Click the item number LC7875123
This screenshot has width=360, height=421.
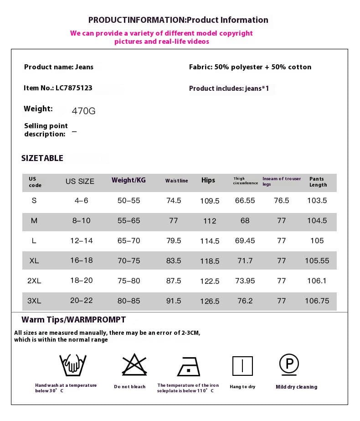coord(74,88)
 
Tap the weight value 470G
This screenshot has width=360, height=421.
coord(84,111)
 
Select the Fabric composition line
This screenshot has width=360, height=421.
coord(250,67)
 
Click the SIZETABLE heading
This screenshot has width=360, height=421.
coord(42,158)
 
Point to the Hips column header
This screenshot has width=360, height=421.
coord(208,180)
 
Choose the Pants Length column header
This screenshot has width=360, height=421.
coord(318,182)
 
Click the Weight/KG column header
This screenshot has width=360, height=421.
coord(129,180)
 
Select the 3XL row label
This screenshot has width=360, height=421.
coord(34,301)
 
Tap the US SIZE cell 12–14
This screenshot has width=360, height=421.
coord(82,240)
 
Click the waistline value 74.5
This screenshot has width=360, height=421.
coord(174,200)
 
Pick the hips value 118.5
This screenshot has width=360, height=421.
coord(210,261)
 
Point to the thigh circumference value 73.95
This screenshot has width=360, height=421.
coord(245,281)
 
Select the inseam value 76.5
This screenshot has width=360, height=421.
coord(282,200)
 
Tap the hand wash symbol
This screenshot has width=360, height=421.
coord(73,365)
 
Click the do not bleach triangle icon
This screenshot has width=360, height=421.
coord(134,365)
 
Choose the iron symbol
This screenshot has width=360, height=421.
coord(189,366)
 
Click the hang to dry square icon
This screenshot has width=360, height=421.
coord(242,366)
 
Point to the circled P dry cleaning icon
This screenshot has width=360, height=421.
coord(289,364)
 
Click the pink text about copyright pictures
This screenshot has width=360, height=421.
coord(161,37)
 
